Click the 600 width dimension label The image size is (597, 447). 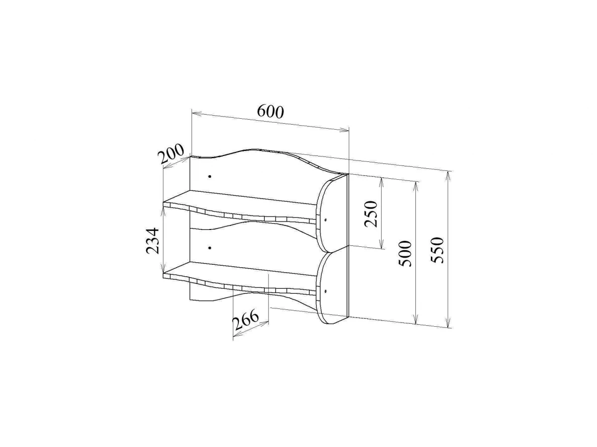click(270, 111)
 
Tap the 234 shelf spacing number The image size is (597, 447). click(152, 240)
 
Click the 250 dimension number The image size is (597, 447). click(371, 214)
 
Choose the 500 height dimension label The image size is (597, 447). click(405, 253)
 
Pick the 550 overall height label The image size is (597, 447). click(437, 250)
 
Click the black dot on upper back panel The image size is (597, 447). click(210, 176)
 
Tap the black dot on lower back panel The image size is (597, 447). click(209, 248)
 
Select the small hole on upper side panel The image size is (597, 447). click(325, 220)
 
